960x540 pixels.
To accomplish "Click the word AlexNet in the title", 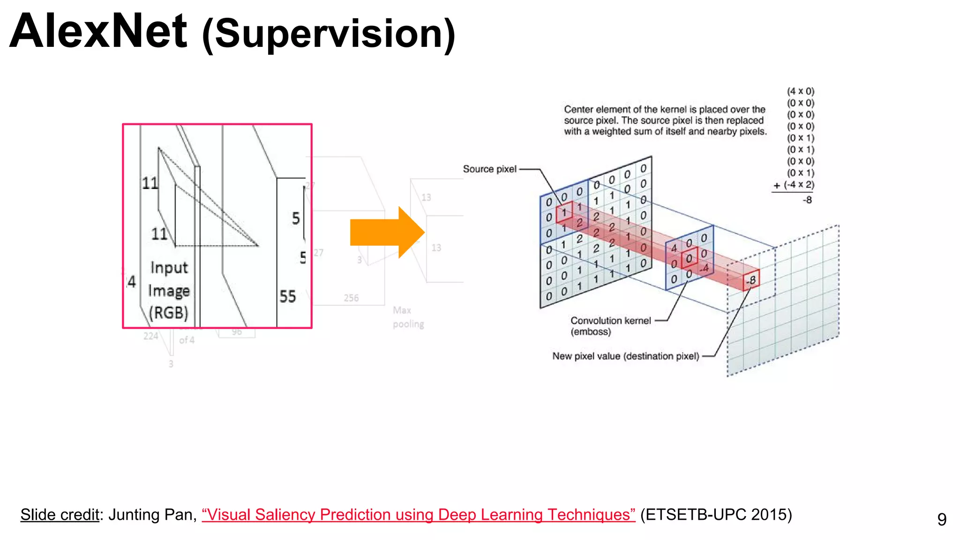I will (x=98, y=32).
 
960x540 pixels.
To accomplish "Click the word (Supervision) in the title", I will (x=328, y=34).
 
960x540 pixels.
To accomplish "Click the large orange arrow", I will (x=387, y=232).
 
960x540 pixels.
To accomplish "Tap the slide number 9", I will (x=942, y=519).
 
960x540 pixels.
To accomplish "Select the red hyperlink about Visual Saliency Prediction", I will (x=418, y=515).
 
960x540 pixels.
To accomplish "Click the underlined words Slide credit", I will (x=60, y=515).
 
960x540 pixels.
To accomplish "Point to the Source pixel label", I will (x=489, y=169).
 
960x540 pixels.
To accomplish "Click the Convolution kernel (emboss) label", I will (x=610, y=326).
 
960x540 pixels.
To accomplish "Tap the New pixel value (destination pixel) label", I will (x=625, y=356).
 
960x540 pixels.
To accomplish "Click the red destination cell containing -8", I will (x=751, y=280).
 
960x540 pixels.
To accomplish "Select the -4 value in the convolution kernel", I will (x=704, y=269).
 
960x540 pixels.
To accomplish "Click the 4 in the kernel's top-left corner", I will (x=674, y=248).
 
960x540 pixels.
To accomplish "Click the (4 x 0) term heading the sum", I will (x=801, y=91).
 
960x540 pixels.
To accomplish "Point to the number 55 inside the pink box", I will (x=287, y=296).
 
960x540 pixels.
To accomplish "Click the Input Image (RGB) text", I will (x=169, y=290).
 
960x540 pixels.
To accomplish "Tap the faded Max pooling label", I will (x=408, y=317).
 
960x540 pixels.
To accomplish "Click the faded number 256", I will (x=351, y=298).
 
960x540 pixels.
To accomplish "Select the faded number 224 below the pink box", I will (x=150, y=336).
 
